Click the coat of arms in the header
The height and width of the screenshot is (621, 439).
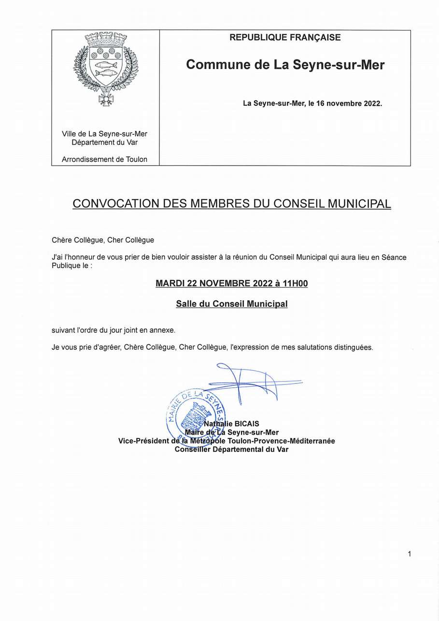pyautogui.click(x=105, y=68)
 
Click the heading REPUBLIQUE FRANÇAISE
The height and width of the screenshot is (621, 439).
pyautogui.click(x=285, y=38)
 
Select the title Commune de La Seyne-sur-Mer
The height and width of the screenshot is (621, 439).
pyautogui.click(x=285, y=64)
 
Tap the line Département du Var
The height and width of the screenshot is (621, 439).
pyautogui.click(x=105, y=142)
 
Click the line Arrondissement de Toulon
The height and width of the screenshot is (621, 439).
pyautogui.click(x=105, y=159)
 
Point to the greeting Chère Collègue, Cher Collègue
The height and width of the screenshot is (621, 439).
pyautogui.click(x=103, y=240)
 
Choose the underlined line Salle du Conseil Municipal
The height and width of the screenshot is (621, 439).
pyautogui.click(x=232, y=304)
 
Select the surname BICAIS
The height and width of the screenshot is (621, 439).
pyautogui.click(x=246, y=424)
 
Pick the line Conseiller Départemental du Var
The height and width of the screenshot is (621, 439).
pyautogui.click(x=231, y=450)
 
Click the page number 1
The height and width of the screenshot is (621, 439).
pyautogui.click(x=409, y=554)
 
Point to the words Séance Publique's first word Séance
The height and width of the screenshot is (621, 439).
pyautogui.click(x=394, y=257)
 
